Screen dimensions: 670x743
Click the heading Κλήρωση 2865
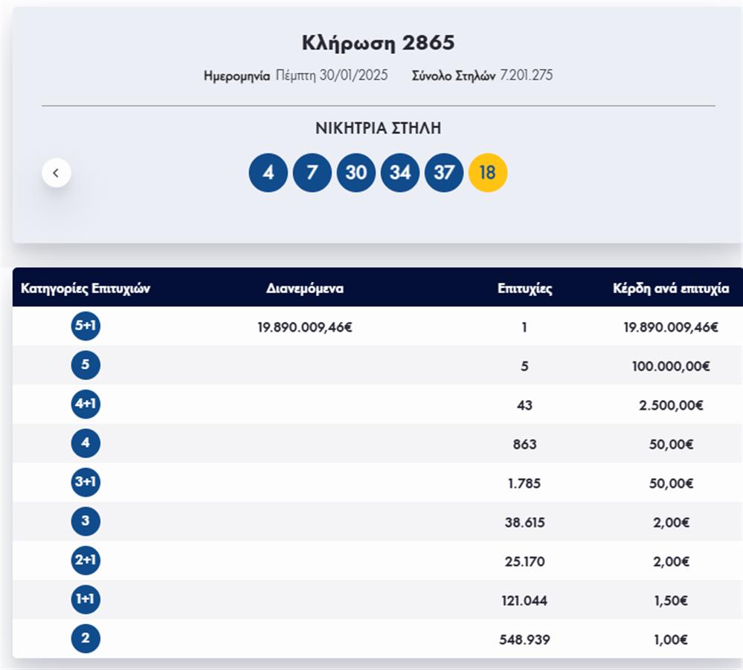pyautogui.click(x=378, y=42)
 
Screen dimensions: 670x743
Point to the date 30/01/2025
pyautogui.click(x=353, y=75)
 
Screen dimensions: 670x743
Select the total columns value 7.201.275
pyautogui.click(x=526, y=75)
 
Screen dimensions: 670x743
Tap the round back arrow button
pyautogui.click(x=57, y=173)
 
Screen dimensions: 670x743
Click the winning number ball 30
pyautogui.click(x=356, y=173)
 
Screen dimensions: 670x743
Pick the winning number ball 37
pyautogui.click(x=444, y=173)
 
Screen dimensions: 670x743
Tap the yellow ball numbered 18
pyautogui.click(x=488, y=173)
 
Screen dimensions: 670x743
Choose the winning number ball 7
pyautogui.click(x=312, y=173)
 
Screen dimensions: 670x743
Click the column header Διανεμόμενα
pyautogui.click(x=305, y=289)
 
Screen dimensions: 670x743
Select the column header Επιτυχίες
pyautogui.click(x=525, y=289)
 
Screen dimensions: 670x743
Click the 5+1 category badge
pyautogui.click(x=86, y=326)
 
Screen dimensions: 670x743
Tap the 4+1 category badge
pyautogui.click(x=86, y=405)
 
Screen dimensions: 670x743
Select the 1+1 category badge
pyautogui.click(x=86, y=600)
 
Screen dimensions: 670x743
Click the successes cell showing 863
pyautogui.click(x=524, y=445)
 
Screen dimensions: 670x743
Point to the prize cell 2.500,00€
pyautogui.click(x=671, y=405)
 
